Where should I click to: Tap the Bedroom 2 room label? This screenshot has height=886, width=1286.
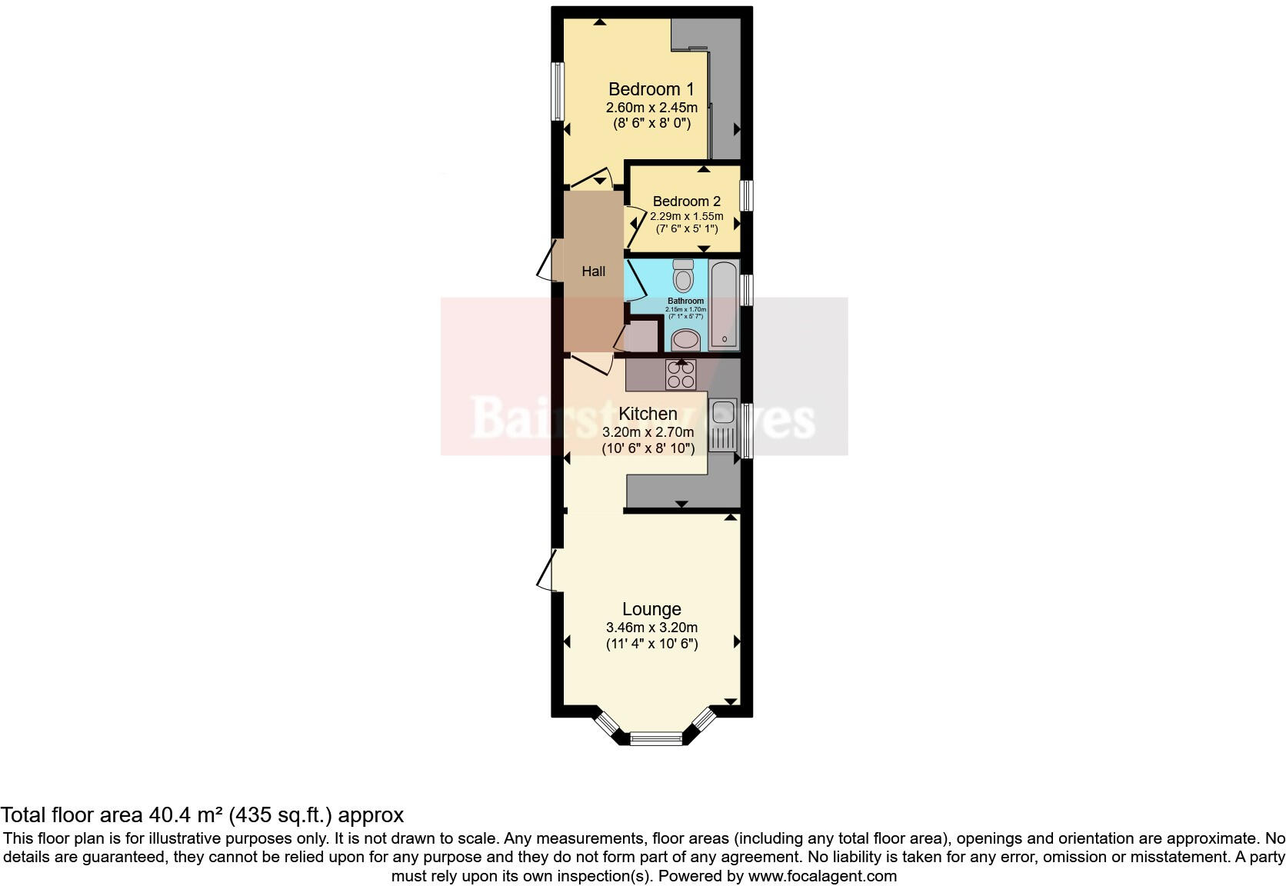point(686,202)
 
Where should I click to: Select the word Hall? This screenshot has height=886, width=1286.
point(593,271)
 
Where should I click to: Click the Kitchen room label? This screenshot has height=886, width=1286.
point(648,414)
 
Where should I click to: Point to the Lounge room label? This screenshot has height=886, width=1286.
point(651,609)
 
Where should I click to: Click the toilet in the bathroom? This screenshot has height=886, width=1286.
point(683,275)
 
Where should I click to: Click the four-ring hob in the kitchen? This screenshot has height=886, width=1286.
point(681,375)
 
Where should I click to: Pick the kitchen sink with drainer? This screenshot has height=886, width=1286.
point(722,425)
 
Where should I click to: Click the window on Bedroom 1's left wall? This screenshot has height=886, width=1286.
point(558,91)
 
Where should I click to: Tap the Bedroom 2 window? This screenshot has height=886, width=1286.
point(746,195)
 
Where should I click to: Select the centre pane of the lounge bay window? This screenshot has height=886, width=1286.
point(656,739)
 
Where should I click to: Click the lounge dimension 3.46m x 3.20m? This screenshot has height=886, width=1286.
point(651,628)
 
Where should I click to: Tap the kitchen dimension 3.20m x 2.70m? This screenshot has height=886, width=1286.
point(648,432)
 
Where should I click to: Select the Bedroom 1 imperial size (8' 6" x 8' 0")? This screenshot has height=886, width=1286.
point(651,123)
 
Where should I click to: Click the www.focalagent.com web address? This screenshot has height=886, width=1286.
point(822,876)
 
